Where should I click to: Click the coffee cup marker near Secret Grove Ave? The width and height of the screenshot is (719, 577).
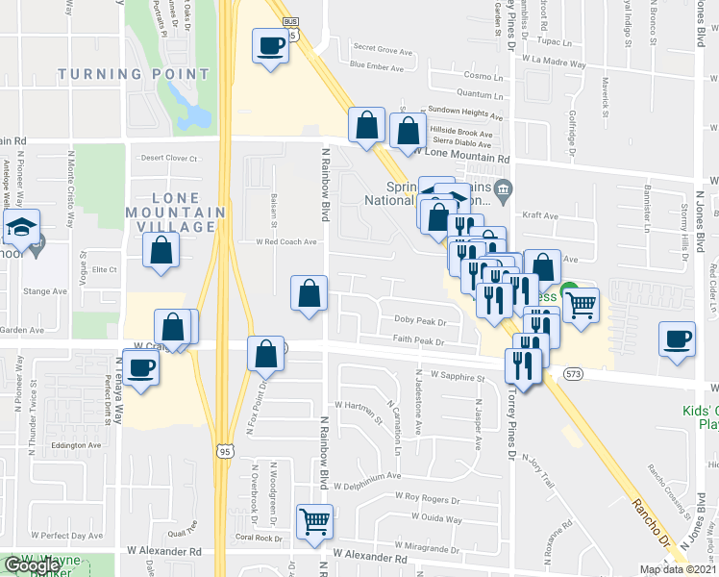point(271,45)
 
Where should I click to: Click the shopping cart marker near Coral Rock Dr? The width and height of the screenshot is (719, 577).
point(314,521)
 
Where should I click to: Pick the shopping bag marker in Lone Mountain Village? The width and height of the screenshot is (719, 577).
point(161,251)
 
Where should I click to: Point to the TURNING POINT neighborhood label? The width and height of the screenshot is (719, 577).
point(134,74)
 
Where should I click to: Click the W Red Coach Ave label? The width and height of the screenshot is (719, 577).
point(285,242)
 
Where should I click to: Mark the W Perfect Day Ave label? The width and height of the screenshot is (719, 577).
point(66,534)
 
